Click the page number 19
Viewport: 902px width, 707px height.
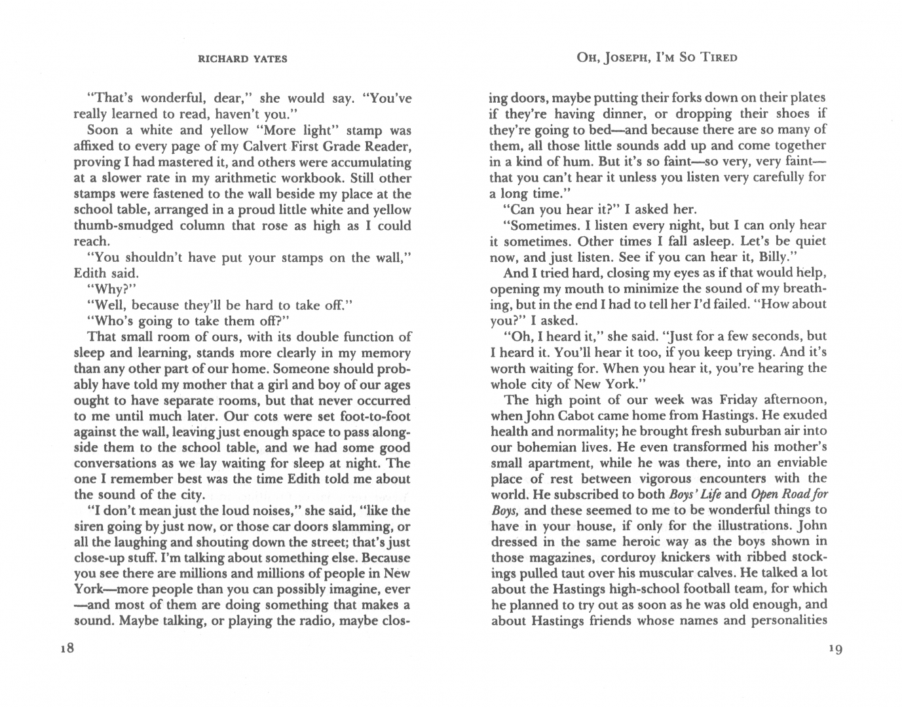click(x=834, y=649)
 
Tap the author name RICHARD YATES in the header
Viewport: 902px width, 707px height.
click(x=242, y=59)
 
